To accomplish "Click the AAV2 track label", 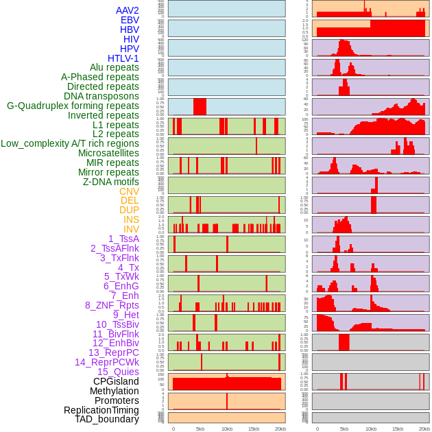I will coord(128,10).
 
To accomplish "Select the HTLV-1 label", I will coord(123,58).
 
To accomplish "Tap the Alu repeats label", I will coord(115,67).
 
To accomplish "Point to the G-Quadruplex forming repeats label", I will coord(73,106).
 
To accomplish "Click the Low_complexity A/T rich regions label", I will coord(70,143).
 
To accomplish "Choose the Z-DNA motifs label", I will coord(111,182).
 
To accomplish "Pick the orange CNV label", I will coord(129,191).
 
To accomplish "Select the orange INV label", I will coord(131,229).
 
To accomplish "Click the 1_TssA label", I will coord(123,239).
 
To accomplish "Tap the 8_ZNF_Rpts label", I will coord(112,305).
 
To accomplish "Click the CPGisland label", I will coord(116,381).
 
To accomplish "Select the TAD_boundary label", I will coord(107,419).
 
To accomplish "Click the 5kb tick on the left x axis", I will coord(200,429).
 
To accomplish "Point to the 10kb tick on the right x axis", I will coord(371,429).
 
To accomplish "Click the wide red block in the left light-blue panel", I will coord(200,107).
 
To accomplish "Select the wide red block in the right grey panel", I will coord(344,342).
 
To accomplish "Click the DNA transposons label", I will coord(101,96).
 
